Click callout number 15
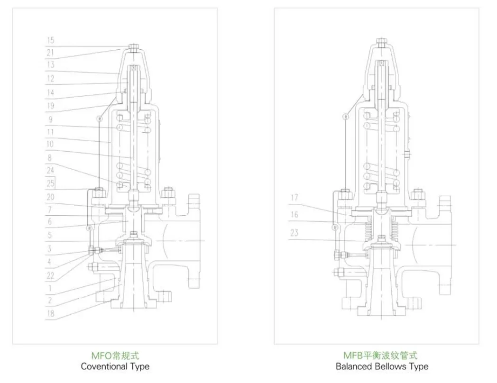coord(50,41)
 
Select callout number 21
coord(50,53)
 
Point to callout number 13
coord(50,65)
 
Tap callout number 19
coord(50,106)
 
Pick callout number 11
coord(50,132)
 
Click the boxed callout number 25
coord(50,183)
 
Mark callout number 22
coord(50,275)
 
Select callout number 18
coord(50,314)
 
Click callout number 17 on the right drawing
coord(295,197)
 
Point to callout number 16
coord(295,215)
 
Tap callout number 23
coord(295,233)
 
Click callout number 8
coord(50,158)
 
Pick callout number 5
coord(50,235)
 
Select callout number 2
coord(50,300)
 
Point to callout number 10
coord(50,144)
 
